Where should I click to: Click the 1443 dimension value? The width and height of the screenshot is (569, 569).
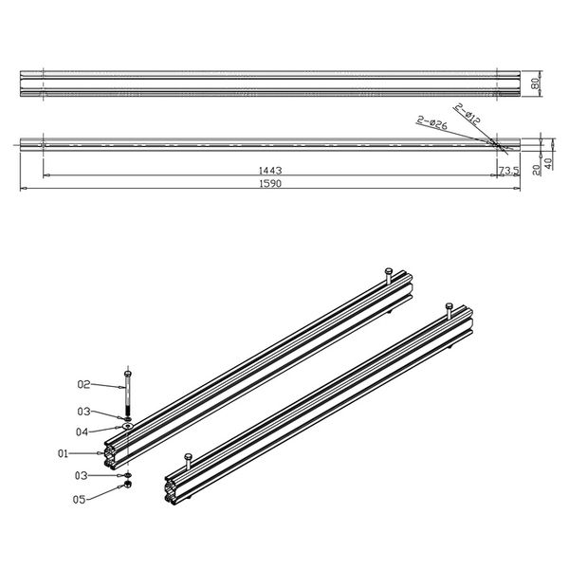point(269,171)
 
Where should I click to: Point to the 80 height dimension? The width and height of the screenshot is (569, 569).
point(537,83)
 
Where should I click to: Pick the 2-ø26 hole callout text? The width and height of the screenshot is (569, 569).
point(431,121)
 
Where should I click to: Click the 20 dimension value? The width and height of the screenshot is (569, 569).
point(537,167)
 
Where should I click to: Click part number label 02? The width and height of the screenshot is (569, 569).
point(83,384)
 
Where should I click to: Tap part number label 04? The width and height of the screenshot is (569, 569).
point(83,431)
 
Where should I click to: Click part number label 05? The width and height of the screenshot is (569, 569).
point(81,499)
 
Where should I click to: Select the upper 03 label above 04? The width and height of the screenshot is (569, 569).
point(83,412)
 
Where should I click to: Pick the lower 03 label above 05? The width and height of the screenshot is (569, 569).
point(83,475)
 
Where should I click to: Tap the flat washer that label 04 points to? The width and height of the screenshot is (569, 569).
point(127,427)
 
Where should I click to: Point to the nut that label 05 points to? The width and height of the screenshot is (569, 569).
point(127,486)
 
